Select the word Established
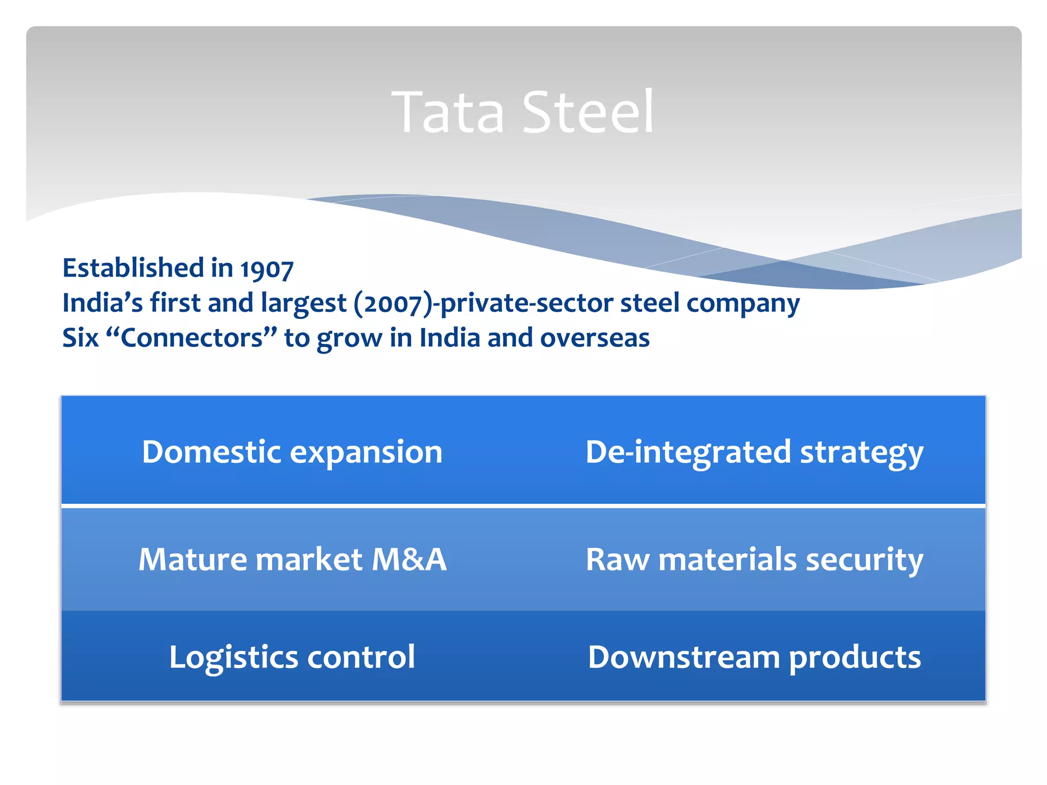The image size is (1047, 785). tap(133, 268)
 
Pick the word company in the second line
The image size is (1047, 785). tap(742, 303)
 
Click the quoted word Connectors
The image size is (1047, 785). tap(191, 338)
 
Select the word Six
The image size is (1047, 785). tap(80, 338)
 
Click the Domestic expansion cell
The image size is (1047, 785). tap(292, 452)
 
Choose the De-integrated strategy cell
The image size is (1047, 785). tap(754, 452)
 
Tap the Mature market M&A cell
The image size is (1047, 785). tap(292, 559)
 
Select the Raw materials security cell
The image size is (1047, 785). tap(754, 559)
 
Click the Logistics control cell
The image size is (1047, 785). tap(292, 657)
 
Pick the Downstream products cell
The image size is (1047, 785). tap(754, 657)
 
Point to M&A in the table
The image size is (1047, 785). tap(409, 559)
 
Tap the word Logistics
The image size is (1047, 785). tap(233, 657)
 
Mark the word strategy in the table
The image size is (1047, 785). tap(861, 453)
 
